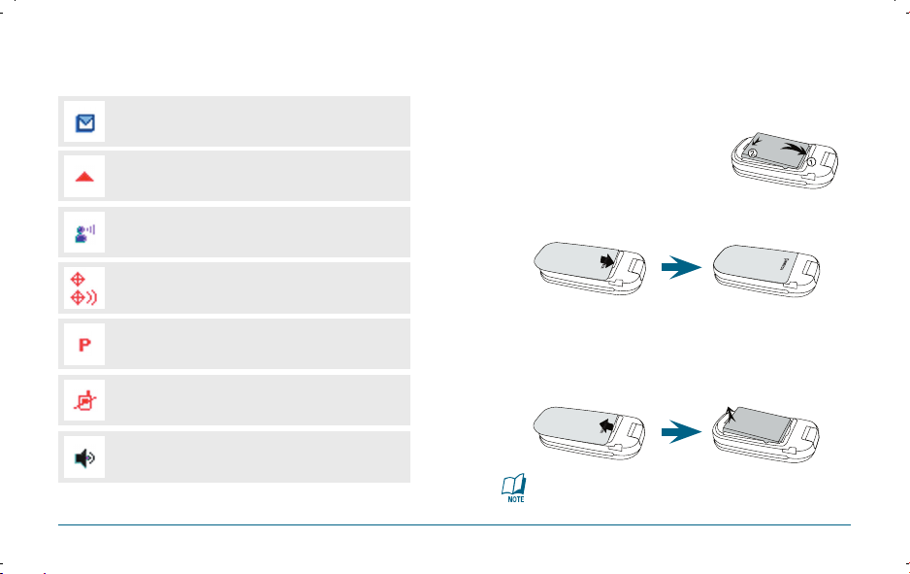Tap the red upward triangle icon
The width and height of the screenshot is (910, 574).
click(x=84, y=177)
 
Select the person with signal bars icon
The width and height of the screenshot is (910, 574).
click(x=84, y=233)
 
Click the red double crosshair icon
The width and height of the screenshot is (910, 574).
click(x=84, y=288)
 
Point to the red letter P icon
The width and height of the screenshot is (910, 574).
click(x=84, y=345)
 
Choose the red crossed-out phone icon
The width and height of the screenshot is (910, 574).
click(x=84, y=400)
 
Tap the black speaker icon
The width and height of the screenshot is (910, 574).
click(x=84, y=456)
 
